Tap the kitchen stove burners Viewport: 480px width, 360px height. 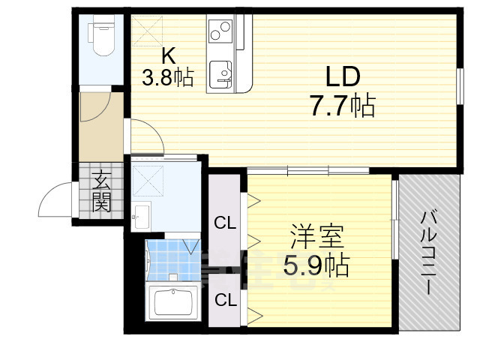(x=220, y=31)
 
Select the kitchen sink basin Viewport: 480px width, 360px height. (x=222, y=73)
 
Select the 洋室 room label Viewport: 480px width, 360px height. (x=317, y=237)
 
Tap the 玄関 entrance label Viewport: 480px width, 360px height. (x=101, y=191)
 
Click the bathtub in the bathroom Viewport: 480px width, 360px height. (x=175, y=303)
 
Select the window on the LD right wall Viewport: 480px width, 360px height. (x=457, y=85)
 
